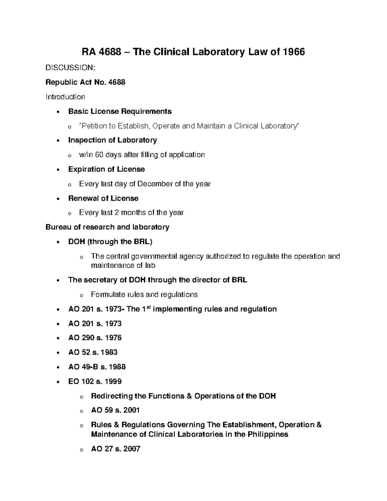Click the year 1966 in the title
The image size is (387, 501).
pos(293,52)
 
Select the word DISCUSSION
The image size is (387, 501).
pos(70,68)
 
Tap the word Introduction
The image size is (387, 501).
pos(65,97)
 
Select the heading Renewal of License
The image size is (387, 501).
pos(103,198)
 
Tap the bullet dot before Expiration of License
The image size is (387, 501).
pos(58,170)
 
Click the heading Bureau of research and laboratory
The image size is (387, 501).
pos(107,227)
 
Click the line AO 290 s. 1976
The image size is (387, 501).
pos(95,338)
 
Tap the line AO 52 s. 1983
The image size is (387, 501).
pos(93,352)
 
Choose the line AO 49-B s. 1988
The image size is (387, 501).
pos(97,367)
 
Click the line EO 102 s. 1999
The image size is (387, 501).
pos(95,381)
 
